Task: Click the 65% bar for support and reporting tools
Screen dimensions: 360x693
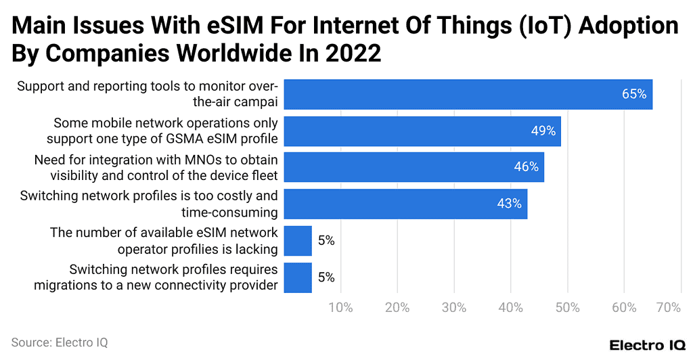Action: click(467, 94)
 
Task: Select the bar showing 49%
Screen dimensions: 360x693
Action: click(422, 131)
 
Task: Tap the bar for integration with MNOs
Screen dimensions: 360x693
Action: click(413, 167)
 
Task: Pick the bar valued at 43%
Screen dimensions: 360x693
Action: click(405, 204)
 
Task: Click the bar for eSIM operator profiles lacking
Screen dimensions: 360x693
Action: click(297, 240)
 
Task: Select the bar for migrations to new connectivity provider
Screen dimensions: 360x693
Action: click(297, 277)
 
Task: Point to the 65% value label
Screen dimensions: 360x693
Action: click(634, 94)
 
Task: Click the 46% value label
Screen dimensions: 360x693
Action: click(526, 167)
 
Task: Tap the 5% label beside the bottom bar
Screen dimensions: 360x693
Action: click(326, 277)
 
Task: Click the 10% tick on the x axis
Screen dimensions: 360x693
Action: click(340, 308)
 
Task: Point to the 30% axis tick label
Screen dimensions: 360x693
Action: click(454, 308)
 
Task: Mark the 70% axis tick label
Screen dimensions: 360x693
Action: click(668, 308)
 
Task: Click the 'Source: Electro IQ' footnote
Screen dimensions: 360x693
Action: click(60, 343)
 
